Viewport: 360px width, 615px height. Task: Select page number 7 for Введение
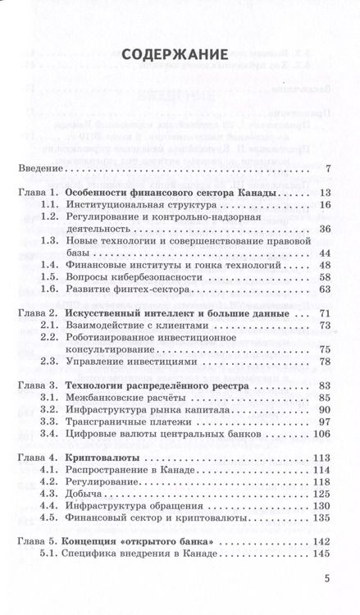coord(326,169)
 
